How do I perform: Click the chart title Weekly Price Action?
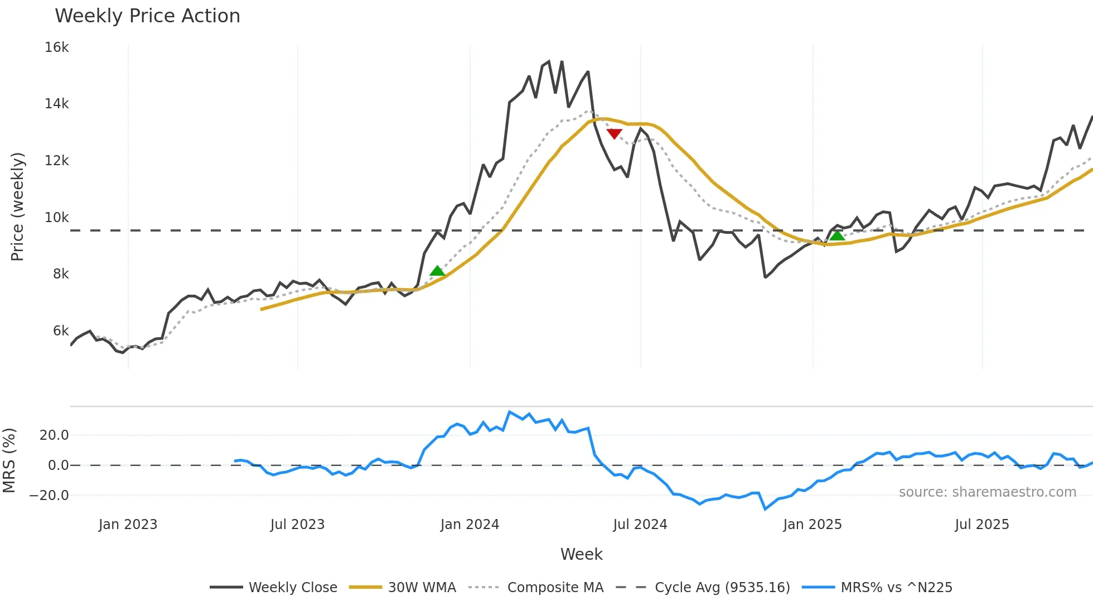coord(147,16)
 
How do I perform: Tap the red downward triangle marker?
coord(614,133)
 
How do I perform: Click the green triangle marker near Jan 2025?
coord(837,236)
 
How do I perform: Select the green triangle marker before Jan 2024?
coord(437,271)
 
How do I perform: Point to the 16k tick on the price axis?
coord(57,47)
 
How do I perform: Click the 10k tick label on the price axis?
coord(57,218)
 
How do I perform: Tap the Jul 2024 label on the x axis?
coord(640,525)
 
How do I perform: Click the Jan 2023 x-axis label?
coord(128,525)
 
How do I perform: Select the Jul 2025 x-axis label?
coord(981,525)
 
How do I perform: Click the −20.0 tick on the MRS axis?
coord(49,496)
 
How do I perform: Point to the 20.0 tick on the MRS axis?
coord(54,435)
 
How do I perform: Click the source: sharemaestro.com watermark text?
coord(987,492)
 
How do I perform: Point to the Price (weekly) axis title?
coord(17,206)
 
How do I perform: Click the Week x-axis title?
coord(581,554)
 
